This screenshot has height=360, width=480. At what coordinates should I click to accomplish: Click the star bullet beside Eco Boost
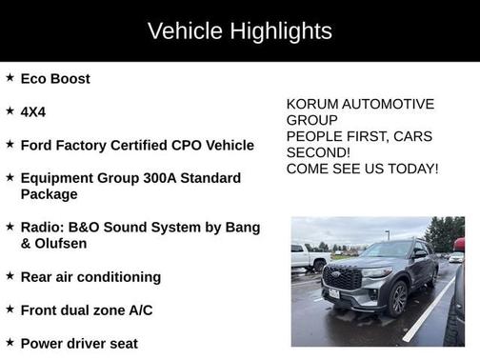10,79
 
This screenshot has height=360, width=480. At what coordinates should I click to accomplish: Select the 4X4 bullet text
33,112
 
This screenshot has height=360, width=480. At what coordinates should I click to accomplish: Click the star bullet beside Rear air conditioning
10,277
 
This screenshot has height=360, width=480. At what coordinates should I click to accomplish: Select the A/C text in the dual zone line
137,310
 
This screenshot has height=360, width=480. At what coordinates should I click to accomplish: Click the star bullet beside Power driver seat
10,344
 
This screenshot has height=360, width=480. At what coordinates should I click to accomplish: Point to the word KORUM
312,104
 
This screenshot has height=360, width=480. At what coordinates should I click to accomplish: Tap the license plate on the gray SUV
334,293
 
